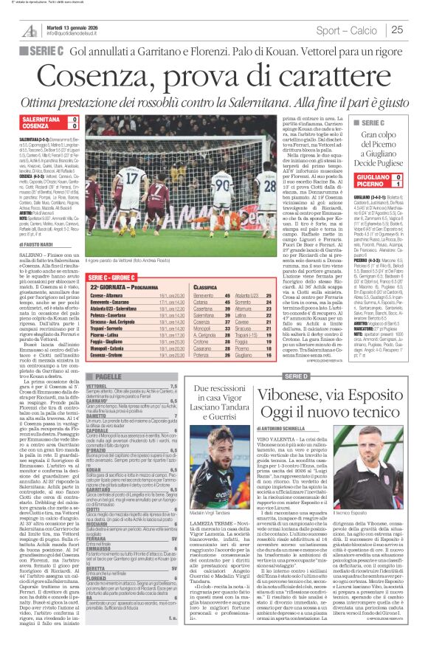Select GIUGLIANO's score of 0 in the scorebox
(417, 176)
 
